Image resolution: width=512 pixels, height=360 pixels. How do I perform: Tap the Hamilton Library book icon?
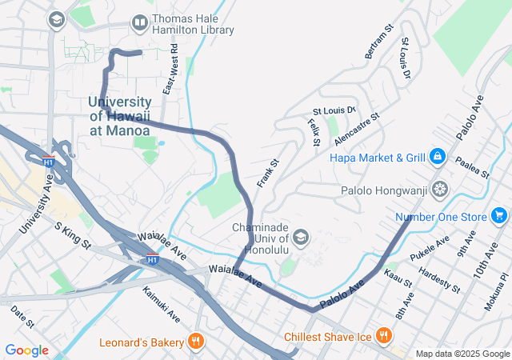[x=139, y=22]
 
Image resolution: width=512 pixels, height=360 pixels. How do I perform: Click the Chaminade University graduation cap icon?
[x=301, y=236]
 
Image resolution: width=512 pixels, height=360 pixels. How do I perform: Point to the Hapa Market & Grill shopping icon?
[x=437, y=157]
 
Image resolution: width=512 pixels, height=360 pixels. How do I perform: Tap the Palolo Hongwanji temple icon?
[x=439, y=190]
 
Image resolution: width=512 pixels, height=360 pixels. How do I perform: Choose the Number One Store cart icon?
[x=499, y=215]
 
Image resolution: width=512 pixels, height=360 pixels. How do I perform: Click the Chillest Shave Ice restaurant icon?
[x=384, y=335]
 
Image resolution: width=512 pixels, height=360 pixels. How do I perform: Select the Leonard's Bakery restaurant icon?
[x=195, y=342]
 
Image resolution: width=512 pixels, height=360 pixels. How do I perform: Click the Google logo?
[x=26, y=350]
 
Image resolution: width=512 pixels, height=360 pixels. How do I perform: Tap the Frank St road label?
[x=267, y=173]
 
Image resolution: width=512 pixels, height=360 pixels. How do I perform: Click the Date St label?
[x=22, y=318]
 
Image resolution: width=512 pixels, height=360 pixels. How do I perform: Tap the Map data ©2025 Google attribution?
[x=462, y=354]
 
